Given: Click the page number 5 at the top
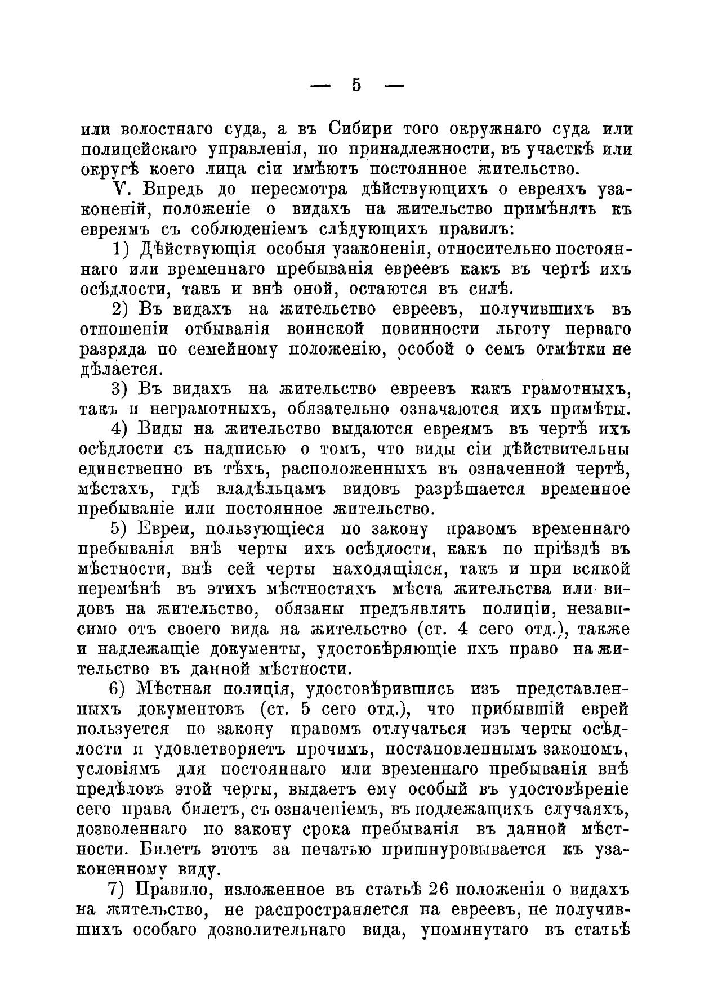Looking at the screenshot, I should (x=356, y=86).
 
